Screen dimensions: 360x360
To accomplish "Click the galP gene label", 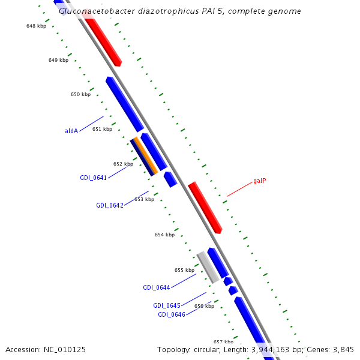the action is tap(259, 181).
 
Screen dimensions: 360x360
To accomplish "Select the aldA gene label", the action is tap(71, 131).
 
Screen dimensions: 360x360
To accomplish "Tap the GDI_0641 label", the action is tap(93, 178).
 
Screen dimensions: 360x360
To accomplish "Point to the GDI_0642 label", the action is tap(109, 205).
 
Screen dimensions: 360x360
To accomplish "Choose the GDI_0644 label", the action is tap(156, 287).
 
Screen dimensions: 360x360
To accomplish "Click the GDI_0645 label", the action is tap(166, 305).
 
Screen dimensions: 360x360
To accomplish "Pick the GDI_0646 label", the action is tap(171, 314).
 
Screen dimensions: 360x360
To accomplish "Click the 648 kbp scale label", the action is tap(36, 26).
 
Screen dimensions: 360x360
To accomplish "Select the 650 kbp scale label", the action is tap(80, 94).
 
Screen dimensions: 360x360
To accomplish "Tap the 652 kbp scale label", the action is tap(123, 164).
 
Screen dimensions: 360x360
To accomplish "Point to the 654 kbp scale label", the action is tap(164, 235).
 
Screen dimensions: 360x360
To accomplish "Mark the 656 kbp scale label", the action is tap(204, 306).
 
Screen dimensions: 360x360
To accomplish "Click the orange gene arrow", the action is tap(146, 156).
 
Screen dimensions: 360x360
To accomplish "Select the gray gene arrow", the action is tap(208, 268).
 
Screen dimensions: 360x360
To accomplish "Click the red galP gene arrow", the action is tap(205, 208).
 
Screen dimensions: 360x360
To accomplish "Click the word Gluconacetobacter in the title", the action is tap(90, 11).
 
